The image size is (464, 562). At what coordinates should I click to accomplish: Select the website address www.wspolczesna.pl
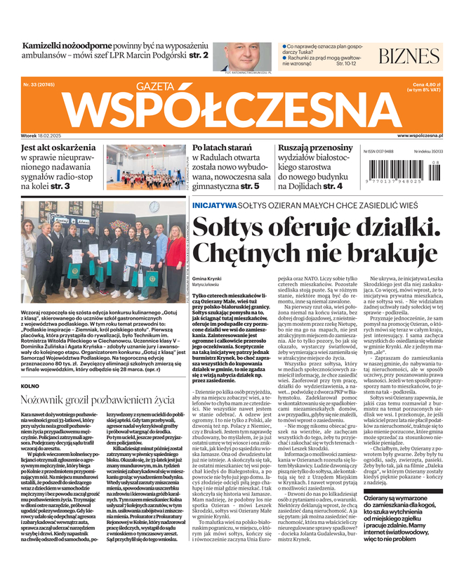[425, 136]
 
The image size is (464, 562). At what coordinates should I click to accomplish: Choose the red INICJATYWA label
[214, 206]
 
